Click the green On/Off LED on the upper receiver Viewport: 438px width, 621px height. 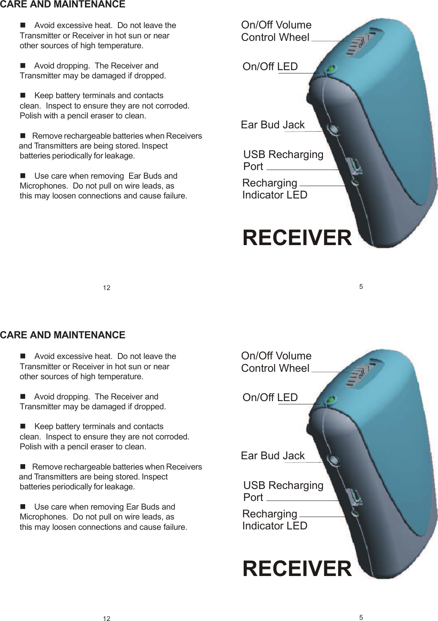click(x=330, y=70)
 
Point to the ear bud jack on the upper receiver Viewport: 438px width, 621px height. click(x=333, y=129)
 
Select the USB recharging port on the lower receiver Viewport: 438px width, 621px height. click(x=355, y=497)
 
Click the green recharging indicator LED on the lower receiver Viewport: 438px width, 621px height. click(x=356, y=513)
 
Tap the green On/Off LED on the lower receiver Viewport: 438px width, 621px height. click(x=330, y=401)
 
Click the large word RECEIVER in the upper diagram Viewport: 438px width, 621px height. click(x=297, y=238)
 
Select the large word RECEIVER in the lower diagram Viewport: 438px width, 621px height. click(x=297, y=569)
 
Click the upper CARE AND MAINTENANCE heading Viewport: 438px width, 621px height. click(x=63, y=5)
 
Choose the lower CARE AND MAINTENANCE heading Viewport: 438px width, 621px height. click(x=63, y=335)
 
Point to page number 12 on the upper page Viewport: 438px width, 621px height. click(x=106, y=288)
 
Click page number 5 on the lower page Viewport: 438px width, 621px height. click(x=361, y=618)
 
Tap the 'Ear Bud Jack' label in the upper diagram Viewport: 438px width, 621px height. click(x=273, y=125)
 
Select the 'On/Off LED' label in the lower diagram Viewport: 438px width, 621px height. click(x=270, y=397)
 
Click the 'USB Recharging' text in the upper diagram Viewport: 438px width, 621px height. click(x=283, y=154)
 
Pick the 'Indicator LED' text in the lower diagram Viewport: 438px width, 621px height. click(x=275, y=526)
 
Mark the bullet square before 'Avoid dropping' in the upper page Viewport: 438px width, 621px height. click(x=23, y=66)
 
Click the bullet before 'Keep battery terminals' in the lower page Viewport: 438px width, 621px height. click(x=23, y=427)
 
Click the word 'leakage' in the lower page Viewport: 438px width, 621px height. click(x=119, y=487)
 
